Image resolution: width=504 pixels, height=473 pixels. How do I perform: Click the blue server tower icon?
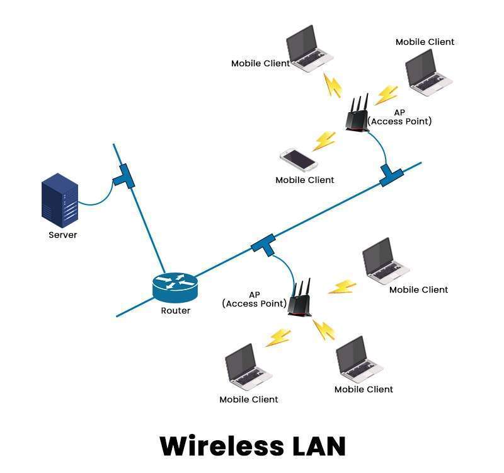click(60, 201)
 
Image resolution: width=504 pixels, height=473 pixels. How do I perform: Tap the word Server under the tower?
click(62, 235)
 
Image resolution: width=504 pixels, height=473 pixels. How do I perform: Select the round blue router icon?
click(175, 287)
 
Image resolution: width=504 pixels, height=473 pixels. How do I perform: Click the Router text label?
click(175, 310)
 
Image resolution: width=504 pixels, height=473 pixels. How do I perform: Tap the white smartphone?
click(299, 160)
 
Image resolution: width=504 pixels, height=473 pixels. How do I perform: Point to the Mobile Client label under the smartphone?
click(304, 180)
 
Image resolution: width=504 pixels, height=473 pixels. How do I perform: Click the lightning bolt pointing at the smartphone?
click(324, 140)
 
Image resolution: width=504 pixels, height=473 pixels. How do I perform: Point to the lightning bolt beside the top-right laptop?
click(386, 95)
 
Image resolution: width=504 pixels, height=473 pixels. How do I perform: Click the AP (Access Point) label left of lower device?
click(254, 299)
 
